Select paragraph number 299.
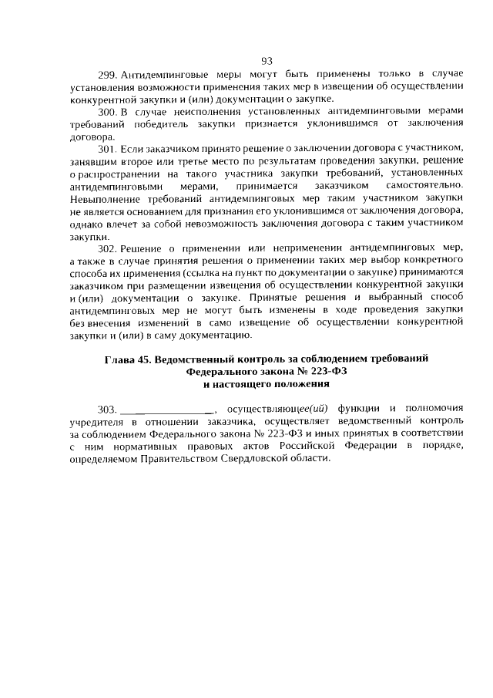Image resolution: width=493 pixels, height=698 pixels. (x=106, y=76)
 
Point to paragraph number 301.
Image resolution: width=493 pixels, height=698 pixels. (x=107, y=147)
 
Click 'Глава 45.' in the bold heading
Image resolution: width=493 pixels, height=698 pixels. (x=128, y=359)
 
